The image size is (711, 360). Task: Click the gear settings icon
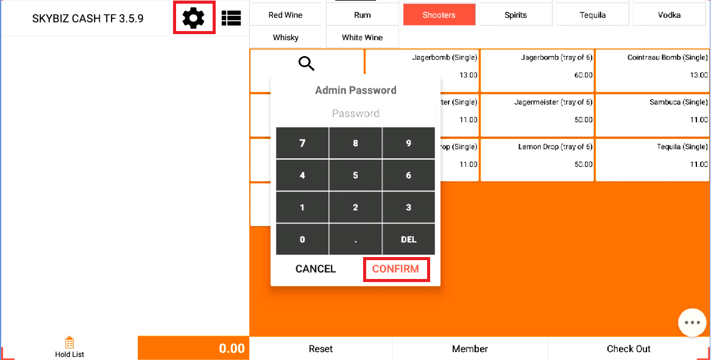(194, 18)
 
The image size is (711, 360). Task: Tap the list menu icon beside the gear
(232, 18)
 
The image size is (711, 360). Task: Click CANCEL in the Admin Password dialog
(316, 269)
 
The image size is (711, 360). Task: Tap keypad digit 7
(302, 143)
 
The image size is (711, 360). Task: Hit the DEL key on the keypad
(409, 239)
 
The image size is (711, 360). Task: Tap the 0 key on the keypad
(302, 239)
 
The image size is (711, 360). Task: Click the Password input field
(356, 113)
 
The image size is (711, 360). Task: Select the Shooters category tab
(439, 15)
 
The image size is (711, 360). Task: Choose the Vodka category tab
(670, 15)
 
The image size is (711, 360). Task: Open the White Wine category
(363, 37)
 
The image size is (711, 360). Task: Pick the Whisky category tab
(286, 37)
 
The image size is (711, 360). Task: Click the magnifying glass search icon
(306, 63)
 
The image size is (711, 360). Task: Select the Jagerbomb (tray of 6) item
(537, 71)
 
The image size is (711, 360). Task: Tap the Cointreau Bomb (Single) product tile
(653, 71)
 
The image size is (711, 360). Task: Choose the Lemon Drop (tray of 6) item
(537, 160)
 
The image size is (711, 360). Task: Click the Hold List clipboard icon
(69, 342)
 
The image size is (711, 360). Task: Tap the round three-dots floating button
(692, 322)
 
